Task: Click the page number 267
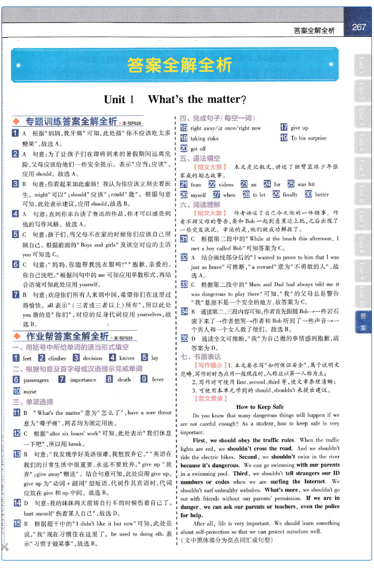point(359,28)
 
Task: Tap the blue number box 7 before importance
point(62,379)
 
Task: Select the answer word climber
point(57,358)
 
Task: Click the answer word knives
point(127,358)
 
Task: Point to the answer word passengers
point(36,379)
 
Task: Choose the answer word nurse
point(30,391)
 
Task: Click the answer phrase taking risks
point(204,138)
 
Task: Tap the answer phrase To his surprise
point(309,138)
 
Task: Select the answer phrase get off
point(198,149)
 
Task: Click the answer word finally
point(290,194)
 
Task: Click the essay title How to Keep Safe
point(260,406)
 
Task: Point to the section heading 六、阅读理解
point(200,204)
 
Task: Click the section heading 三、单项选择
point(33,401)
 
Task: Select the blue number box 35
point(184,338)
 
